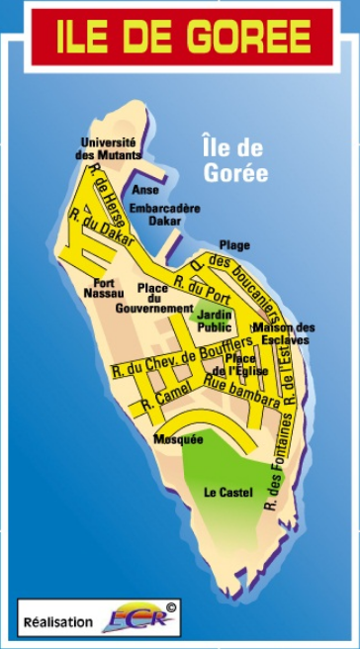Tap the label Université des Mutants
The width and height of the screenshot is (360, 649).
click(x=110, y=148)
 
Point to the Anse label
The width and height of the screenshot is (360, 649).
click(x=145, y=189)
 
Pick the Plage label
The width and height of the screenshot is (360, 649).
click(x=234, y=244)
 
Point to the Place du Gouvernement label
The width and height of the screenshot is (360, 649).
click(x=154, y=298)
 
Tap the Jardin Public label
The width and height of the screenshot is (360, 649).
click(x=214, y=320)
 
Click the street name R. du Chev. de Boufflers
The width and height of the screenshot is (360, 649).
click(x=183, y=357)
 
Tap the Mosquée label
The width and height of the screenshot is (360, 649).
click(x=178, y=438)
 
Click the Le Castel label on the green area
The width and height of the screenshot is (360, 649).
click(x=228, y=492)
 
